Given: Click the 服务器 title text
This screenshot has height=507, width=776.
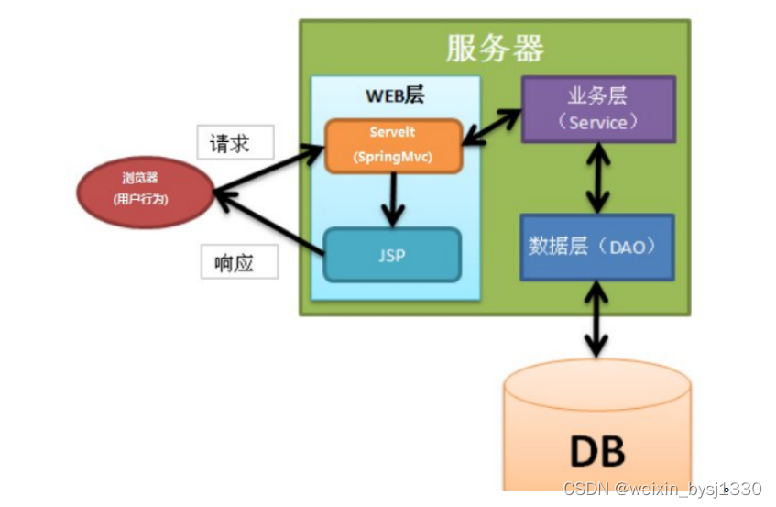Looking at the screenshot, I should (495, 48).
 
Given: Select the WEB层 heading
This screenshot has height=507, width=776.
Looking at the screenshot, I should (395, 96).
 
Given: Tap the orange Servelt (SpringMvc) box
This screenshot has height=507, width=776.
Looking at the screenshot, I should (393, 145).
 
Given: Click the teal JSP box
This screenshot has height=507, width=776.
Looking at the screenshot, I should (391, 255).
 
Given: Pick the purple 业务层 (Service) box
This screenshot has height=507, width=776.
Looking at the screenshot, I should (598, 109).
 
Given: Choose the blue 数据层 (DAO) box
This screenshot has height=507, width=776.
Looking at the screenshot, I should (596, 247).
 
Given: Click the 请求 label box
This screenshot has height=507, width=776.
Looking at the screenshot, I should (235, 144).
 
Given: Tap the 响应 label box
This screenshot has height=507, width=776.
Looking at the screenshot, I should (239, 263).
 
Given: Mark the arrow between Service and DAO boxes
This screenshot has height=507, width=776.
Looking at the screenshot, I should (598, 179).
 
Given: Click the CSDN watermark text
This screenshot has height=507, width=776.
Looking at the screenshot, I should (661, 490).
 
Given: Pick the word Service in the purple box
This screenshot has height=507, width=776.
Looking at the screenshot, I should (598, 122).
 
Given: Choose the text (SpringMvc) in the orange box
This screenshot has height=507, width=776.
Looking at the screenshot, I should (393, 157).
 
